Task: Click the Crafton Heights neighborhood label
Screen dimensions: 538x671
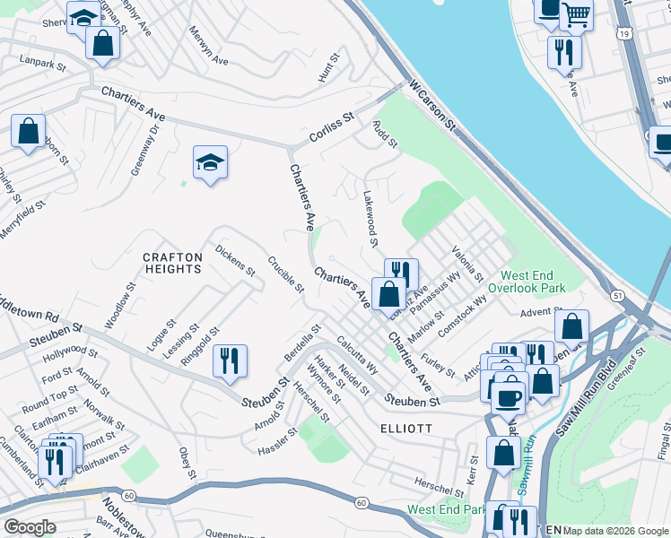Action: (x=172, y=263)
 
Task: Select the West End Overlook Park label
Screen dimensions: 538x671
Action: (x=533, y=282)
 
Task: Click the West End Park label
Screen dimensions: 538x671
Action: (x=446, y=509)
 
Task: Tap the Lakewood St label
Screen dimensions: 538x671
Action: (x=370, y=218)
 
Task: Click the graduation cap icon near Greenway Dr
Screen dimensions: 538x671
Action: (x=210, y=162)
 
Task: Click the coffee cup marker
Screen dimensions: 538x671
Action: (x=509, y=395)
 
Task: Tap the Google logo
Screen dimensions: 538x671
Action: (x=30, y=527)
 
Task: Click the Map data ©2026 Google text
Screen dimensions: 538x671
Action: (x=614, y=531)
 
